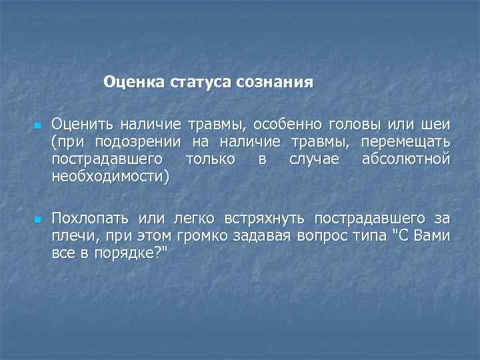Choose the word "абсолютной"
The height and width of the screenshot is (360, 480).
tap(405, 159)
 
